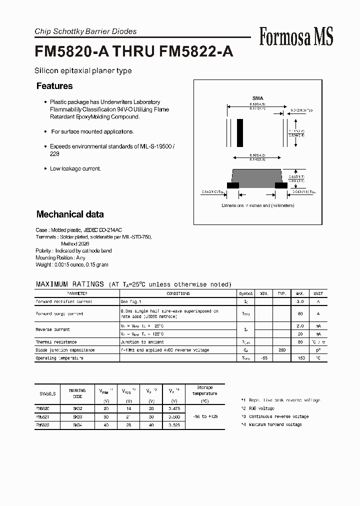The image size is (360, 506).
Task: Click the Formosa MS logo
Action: click(296, 36)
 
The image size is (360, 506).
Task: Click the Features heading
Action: click(54, 86)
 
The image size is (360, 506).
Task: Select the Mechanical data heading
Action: click(70, 214)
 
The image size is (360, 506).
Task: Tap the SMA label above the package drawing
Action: click(257, 98)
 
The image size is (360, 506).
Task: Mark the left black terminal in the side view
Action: click(232, 185)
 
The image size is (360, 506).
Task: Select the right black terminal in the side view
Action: click(281, 185)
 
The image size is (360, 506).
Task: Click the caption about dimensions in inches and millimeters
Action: click(258, 205)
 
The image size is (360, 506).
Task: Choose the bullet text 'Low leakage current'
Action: click(75, 168)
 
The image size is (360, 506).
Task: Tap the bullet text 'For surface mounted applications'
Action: click(92, 131)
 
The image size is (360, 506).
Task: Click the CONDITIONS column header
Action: click(178, 293)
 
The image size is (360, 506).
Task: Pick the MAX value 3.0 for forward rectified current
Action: click(300, 301)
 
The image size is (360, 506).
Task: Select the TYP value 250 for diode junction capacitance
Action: click(282, 350)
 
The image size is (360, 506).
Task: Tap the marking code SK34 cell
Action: click(77, 424)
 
